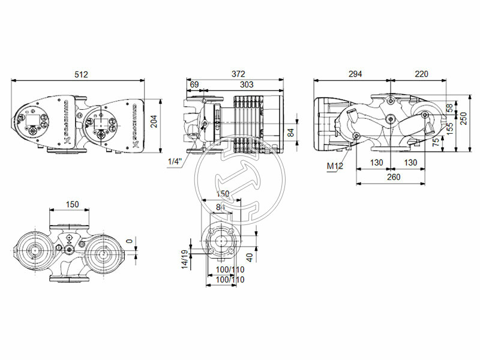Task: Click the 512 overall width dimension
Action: click(81, 74)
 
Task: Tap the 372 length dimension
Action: click(238, 74)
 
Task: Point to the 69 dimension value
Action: click(194, 86)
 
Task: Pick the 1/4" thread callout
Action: click(173, 162)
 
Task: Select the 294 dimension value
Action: click(355, 74)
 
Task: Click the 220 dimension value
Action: click(421, 74)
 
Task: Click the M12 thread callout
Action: click(335, 166)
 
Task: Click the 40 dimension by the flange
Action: click(250, 257)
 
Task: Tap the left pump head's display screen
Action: click(31, 128)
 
